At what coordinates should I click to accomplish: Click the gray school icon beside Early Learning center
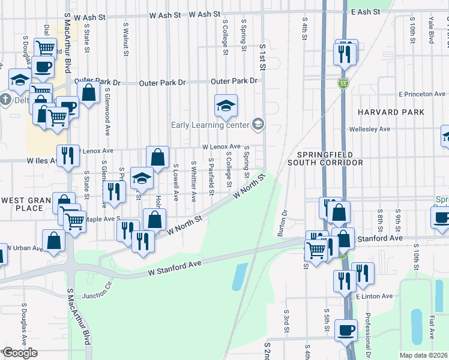coord(259,124)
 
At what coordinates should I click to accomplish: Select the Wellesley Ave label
coord(374,129)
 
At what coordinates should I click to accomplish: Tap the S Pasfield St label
coord(211,176)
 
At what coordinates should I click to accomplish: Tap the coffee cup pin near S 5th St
coord(345,329)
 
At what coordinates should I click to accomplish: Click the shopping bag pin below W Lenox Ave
coord(157,158)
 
